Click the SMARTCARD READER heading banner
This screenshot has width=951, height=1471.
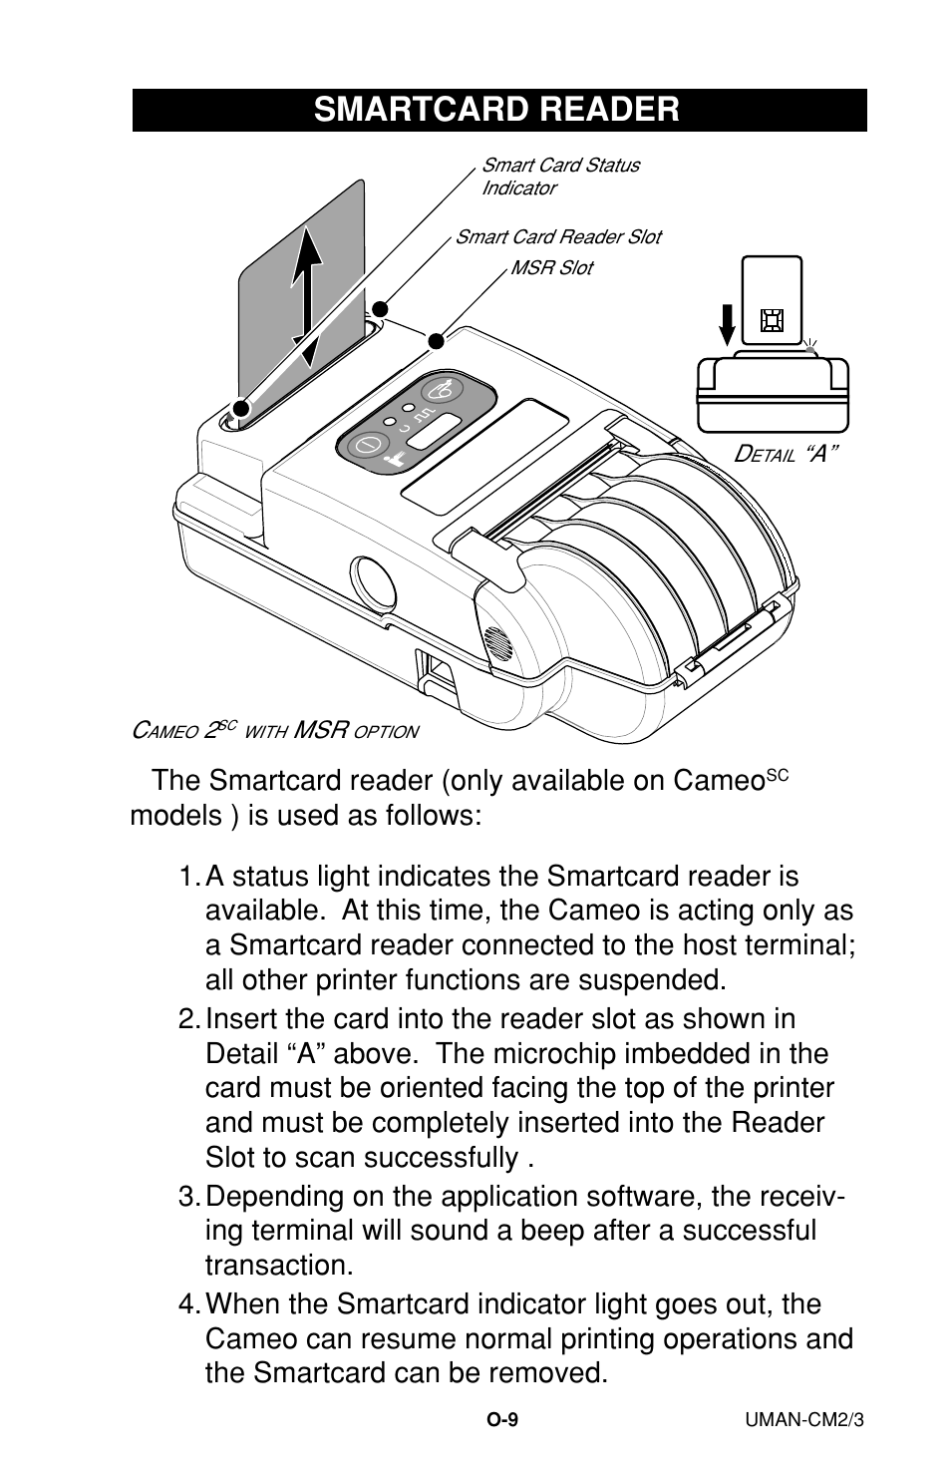pyautogui.click(x=498, y=110)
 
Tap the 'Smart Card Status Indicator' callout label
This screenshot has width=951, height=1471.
pyautogui.click(x=560, y=177)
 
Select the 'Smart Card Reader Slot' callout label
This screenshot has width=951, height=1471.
pyautogui.click(x=557, y=237)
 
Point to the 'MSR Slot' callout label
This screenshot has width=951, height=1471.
pyautogui.click(x=550, y=268)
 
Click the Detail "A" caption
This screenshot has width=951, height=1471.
pyautogui.click(x=786, y=455)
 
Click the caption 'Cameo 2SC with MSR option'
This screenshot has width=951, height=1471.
pyautogui.click(x=275, y=731)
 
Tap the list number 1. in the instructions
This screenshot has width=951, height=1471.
pyautogui.click(x=189, y=878)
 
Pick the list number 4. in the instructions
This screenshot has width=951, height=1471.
pyautogui.click(x=189, y=1304)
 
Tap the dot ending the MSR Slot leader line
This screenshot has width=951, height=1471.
pyautogui.click(x=435, y=341)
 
